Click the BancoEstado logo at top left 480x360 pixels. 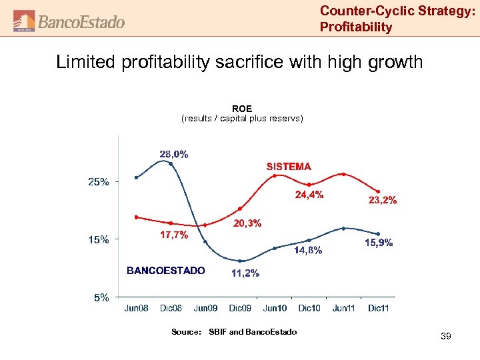pos(69,21)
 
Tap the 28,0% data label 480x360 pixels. pos(173,154)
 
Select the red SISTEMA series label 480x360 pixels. pos(289,166)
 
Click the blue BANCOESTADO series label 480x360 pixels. pos(166,270)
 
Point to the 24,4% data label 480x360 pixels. pos(309,195)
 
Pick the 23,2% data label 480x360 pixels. pos(382,199)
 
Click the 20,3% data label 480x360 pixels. pos(247,223)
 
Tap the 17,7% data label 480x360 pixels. pos(174,235)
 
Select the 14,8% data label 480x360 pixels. pos(308,251)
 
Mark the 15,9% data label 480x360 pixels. pos(378,243)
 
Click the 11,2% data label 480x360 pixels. pos(245,273)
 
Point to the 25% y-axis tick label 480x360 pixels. pos(99,182)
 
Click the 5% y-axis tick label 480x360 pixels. pos(101,297)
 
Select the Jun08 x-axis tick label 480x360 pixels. pos(136,308)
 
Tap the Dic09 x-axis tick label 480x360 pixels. pos(240,308)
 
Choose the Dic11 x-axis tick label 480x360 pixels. pos(378,308)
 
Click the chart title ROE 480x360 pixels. pos(241,108)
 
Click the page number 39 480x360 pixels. pos(445,337)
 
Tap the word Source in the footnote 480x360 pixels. pos(185,332)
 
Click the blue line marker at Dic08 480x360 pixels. pos(171,163)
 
